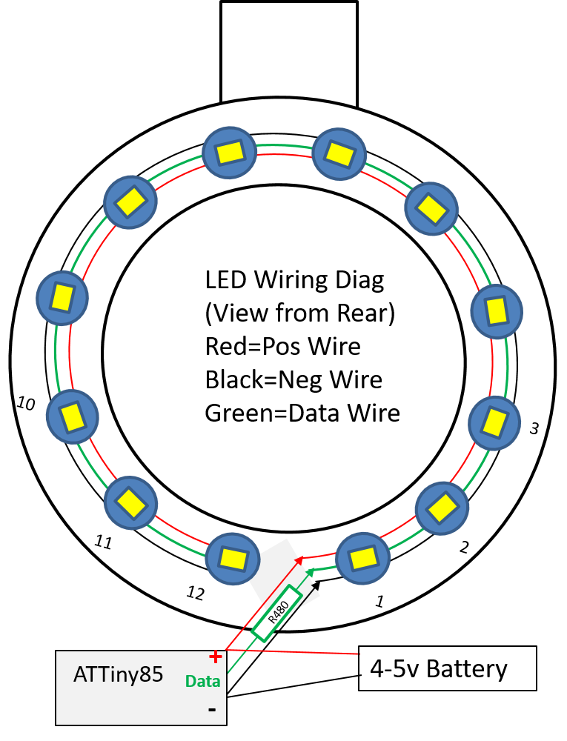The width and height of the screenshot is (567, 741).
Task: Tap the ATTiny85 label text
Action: pos(118,675)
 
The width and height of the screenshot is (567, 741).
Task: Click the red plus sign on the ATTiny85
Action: pos(215,657)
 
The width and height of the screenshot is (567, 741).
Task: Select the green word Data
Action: pos(203,681)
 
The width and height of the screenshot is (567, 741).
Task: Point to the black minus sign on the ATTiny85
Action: pos(212,709)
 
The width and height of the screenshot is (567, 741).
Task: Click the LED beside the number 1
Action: pos(362,557)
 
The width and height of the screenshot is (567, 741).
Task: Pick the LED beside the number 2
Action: pos(442,508)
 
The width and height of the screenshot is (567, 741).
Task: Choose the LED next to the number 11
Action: pos(130,503)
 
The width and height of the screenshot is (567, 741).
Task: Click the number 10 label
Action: pos(26,404)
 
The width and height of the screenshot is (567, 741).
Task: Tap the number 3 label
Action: pos(534,428)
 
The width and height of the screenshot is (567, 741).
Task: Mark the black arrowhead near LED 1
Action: pos(319,585)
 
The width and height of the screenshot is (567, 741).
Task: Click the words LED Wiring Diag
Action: pos(295,280)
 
